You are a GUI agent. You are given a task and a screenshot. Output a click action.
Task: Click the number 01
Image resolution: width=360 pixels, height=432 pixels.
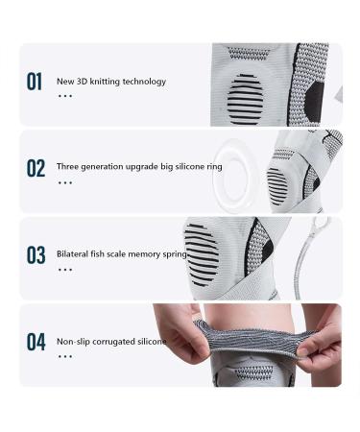point(35,82)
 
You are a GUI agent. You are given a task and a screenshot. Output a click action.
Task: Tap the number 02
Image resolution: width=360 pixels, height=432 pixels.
point(35,169)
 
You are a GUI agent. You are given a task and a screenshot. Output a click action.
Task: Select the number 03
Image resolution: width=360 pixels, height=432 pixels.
point(35,255)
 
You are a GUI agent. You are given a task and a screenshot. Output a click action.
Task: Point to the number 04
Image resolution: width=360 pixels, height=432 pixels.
point(35,342)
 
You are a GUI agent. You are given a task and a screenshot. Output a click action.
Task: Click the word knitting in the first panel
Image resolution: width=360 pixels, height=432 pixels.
point(101,82)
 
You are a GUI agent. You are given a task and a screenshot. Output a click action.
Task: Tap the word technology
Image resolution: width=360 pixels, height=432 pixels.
point(143,82)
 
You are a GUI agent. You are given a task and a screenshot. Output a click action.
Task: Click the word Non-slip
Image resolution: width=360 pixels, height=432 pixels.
point(71,341)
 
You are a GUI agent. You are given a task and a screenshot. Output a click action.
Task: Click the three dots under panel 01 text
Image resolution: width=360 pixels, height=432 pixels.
point(64,96)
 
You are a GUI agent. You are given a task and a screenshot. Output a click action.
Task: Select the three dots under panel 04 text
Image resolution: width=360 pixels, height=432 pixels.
point(64,355)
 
